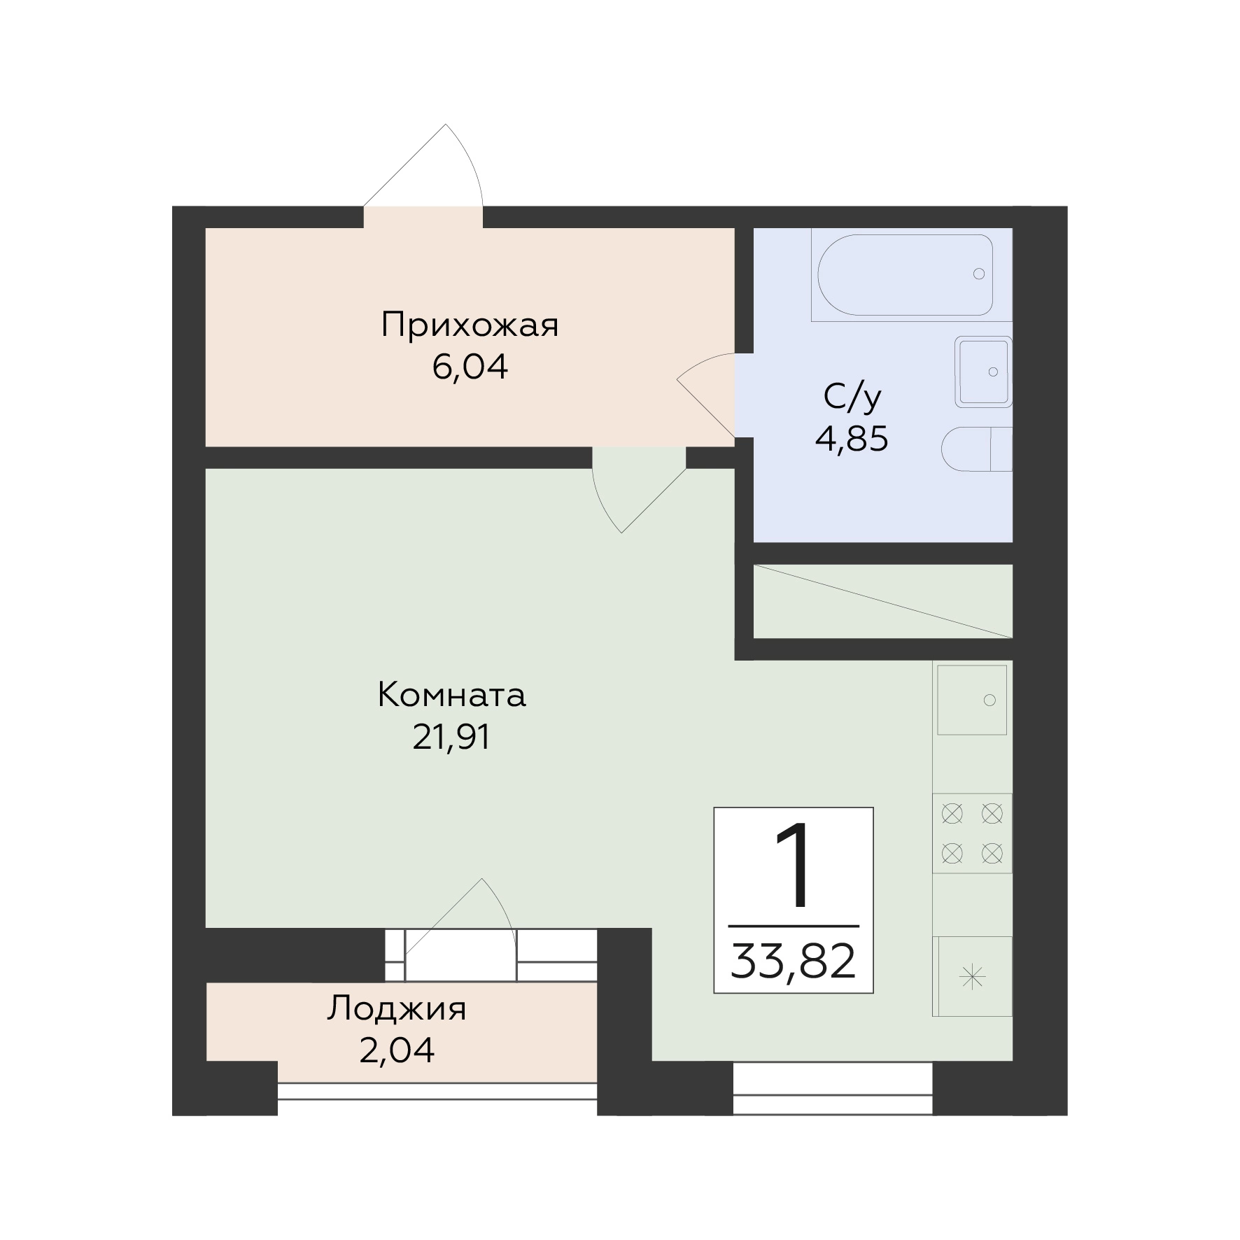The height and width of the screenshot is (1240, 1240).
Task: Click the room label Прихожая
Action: [470, 326]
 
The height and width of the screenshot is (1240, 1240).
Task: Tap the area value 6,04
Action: [470, 367]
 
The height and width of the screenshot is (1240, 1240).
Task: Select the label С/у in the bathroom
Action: [852, 397]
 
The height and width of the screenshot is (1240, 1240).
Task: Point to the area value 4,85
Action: [852, 439]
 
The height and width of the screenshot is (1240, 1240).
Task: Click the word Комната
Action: [451, 696]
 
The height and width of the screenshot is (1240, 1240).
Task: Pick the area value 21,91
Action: [451, 737]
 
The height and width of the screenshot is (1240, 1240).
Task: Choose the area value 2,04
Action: [397, 1050]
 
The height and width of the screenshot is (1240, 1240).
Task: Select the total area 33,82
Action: [794, 962]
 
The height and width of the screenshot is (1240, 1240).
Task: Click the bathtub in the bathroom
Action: [906, 274]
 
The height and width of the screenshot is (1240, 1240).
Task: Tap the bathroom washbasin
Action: [984, 372]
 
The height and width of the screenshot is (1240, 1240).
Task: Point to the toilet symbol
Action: [977, 449]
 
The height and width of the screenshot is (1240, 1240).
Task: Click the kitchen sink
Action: [972, 700]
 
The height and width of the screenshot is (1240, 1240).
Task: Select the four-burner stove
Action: [973, 833]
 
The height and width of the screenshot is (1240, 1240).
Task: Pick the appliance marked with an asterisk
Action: [973, 977]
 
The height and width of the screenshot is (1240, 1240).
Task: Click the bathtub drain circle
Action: [979, 274]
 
